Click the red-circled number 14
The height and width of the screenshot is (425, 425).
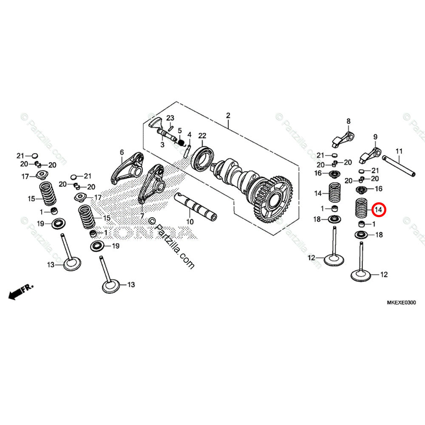click(378, 210)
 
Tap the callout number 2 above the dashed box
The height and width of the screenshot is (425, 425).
click(228, 116)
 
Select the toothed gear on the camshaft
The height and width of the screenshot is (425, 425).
click(272, 200)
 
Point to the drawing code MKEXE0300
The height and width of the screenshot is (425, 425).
click(401, 302)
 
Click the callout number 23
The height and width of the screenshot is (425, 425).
click(170, 118)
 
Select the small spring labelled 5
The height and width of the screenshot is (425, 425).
click(180, 143)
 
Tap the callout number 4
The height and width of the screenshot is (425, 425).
click(190, 135)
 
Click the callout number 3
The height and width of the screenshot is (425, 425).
click(162, 145)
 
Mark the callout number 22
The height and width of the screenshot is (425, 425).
click(202, 136)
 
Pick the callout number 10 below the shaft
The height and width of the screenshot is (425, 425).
click(190, 221)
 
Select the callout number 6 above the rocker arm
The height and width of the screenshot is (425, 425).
click(122, 152)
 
